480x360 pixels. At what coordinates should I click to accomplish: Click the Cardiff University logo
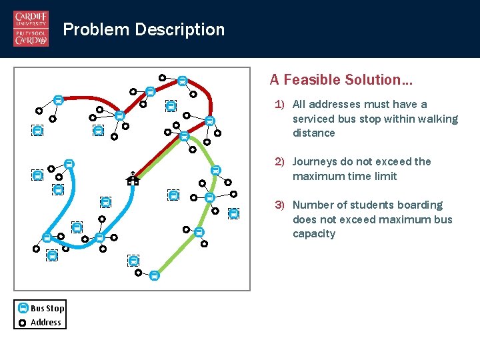click(31, 29)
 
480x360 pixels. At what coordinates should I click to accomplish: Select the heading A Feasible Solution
click(341, 80)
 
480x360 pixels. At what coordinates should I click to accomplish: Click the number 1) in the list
click(280, 105)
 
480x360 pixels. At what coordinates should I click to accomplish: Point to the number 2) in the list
click(280, 162)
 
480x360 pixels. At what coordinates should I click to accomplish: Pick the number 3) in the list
click(280, 205)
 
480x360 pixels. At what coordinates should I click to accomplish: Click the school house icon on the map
click(133, 178)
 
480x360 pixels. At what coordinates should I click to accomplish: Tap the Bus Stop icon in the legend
click(23, 308)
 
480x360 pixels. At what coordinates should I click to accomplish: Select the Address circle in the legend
click(23, 323)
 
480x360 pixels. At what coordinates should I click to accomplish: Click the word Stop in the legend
click(56, 308)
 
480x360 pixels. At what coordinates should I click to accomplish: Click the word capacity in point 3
click(314, 234)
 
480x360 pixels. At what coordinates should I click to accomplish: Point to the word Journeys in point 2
click(315, 162)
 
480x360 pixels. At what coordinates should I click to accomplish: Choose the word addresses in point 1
click(333, 105)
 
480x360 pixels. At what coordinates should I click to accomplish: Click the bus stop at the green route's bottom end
click(154, 275)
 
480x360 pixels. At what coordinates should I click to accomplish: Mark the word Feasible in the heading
click(314, 80)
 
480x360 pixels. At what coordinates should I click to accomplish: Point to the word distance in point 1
click(314, 133)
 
